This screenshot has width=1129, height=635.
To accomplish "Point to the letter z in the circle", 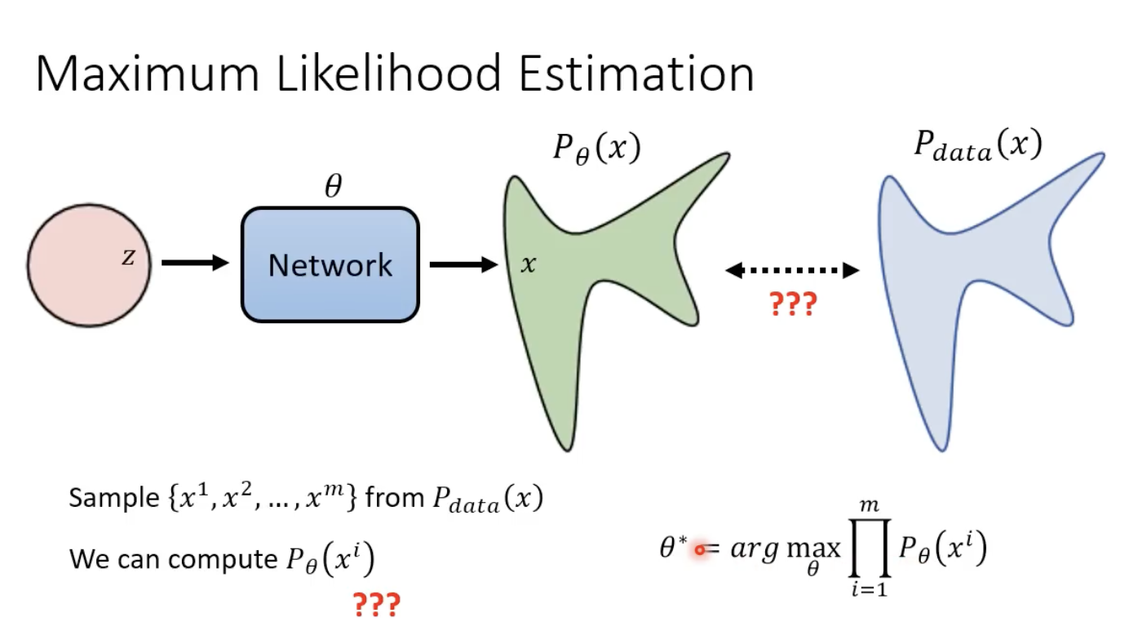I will point(128,258).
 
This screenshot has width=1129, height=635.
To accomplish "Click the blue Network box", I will point(330,264).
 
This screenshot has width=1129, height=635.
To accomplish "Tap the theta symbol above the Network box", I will point(332,187).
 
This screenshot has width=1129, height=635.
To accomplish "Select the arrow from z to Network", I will point(195,263).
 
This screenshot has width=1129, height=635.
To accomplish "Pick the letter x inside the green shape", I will point(529,264).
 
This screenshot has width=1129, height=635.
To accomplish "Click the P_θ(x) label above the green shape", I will point(596,149).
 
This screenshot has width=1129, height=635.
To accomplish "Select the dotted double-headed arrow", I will point(792,269).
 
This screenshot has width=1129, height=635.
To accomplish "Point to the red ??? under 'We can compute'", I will point(376,605).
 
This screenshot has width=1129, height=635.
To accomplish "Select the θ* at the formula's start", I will point(674,547).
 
